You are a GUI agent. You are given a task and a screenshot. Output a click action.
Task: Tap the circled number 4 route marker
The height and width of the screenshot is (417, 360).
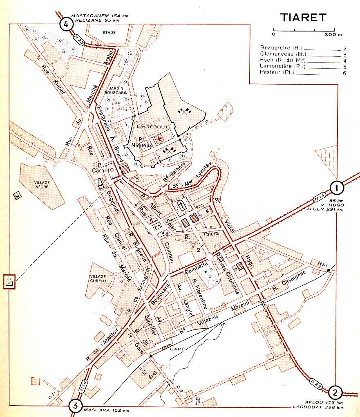point(66,24)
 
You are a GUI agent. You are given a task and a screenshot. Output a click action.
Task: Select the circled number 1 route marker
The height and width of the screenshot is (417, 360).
point(336,188)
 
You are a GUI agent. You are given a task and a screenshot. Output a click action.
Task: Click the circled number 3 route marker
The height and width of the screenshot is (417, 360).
point(75,406)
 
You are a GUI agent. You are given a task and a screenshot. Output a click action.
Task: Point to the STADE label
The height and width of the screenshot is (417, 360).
point(109,32)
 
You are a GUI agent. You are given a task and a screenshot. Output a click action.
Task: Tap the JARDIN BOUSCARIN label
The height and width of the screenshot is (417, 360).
point(116,90)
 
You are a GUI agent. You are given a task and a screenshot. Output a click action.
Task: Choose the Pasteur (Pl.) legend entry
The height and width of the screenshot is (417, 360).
point(277,72)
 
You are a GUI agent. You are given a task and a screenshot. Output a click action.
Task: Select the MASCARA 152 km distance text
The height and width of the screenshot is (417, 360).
point(106,410)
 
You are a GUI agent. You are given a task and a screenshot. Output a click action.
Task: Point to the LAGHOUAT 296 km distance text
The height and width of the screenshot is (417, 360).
point(318,407)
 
